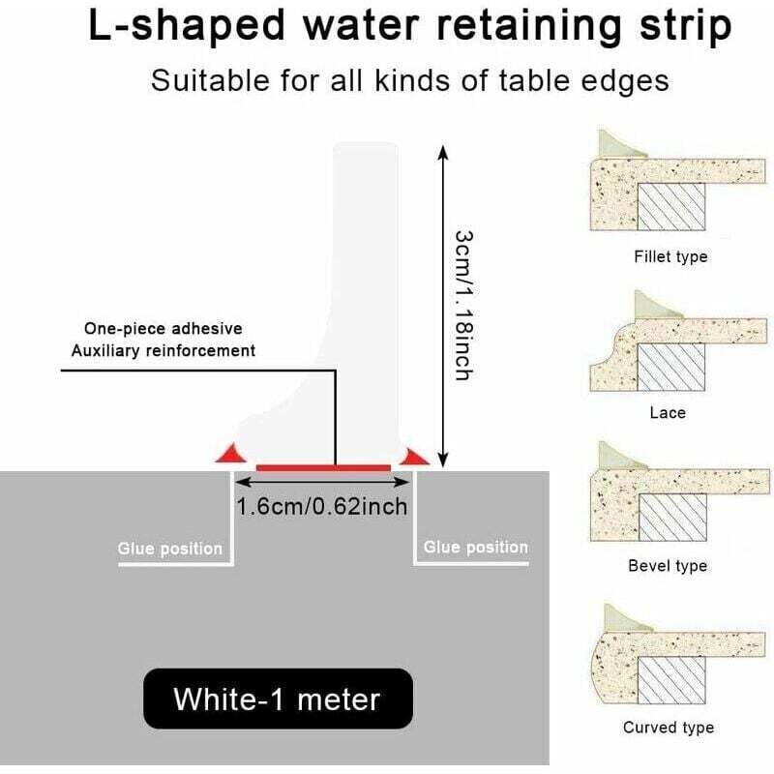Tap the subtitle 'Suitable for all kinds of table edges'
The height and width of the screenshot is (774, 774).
point(409,79)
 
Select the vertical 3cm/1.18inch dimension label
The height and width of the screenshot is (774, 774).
point(462,305)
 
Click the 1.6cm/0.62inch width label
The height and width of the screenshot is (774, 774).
point(322,506)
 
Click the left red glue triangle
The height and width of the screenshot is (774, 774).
point(229,453)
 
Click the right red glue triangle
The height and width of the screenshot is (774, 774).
point(417,455)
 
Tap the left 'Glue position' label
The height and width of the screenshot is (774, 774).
point(170,549)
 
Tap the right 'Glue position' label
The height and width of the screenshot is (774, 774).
point(476,548)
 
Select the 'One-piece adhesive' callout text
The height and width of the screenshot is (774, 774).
point(164,328)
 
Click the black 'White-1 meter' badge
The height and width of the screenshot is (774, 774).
point(278,698)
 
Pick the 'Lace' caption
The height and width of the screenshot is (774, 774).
point(668,413)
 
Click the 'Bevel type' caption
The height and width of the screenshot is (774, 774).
point(668,566)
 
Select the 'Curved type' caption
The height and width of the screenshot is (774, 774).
point(668,728)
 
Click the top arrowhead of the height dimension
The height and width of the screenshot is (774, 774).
point(443,151)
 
